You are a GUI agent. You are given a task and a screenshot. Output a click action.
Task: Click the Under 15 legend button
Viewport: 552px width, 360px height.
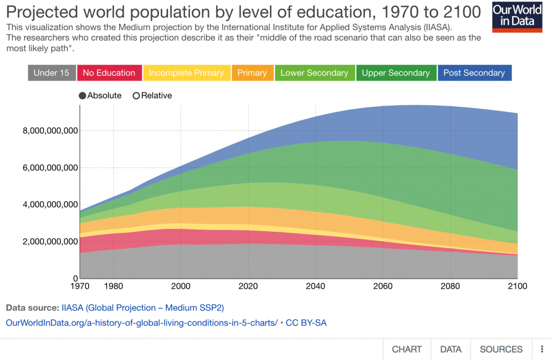51,73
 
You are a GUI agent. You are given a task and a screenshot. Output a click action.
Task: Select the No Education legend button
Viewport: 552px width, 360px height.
109,73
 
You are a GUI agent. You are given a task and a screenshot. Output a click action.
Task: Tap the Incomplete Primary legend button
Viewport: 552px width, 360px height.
186,73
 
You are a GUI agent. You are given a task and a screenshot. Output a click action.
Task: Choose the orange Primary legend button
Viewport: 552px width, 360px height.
252,73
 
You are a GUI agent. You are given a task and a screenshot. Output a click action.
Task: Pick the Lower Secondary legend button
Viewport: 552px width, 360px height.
314,73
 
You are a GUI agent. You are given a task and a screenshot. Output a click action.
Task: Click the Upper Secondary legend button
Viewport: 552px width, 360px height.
396,73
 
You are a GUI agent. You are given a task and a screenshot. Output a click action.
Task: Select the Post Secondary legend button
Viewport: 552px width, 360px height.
474,73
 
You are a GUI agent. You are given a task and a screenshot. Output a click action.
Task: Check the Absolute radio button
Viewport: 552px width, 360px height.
82,96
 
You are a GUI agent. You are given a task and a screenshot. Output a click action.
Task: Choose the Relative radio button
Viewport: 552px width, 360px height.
136,96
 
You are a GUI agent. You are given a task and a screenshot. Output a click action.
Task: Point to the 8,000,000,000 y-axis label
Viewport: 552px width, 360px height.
48,130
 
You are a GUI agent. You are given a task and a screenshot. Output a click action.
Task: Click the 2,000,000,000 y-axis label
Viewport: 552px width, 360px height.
48,241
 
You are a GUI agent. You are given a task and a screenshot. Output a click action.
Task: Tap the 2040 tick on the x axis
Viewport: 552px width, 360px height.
315,286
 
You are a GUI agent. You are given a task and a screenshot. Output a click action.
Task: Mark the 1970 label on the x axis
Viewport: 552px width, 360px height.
80,286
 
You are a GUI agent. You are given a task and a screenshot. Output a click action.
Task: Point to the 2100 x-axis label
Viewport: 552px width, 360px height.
517,286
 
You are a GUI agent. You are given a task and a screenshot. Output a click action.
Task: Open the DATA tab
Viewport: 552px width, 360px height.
451,349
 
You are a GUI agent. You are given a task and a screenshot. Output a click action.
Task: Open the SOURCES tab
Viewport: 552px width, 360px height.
501,349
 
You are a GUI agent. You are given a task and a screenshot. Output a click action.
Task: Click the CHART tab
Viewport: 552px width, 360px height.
406,349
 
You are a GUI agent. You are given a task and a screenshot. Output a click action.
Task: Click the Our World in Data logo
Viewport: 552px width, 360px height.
517,17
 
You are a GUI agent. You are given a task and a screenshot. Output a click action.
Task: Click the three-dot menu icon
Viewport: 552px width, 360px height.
541,349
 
